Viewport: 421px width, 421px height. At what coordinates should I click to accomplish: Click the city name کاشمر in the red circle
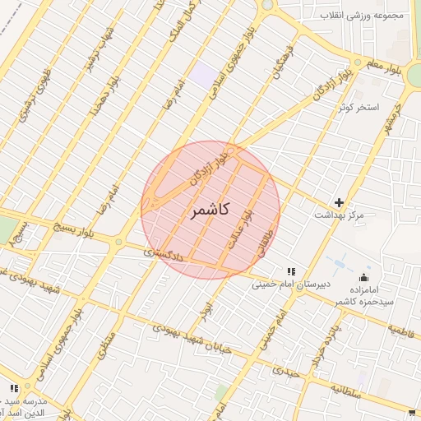click(211, 211)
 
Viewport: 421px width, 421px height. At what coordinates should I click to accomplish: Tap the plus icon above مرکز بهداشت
click(339, 202)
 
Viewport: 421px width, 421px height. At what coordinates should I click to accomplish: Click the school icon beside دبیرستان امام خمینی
click(289, 271)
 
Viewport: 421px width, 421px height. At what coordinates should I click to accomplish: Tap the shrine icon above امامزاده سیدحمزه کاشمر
click(364, 277)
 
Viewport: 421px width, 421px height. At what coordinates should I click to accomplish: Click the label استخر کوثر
click(357, 108)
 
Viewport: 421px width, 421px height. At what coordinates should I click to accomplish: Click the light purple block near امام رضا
click(201, 74)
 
